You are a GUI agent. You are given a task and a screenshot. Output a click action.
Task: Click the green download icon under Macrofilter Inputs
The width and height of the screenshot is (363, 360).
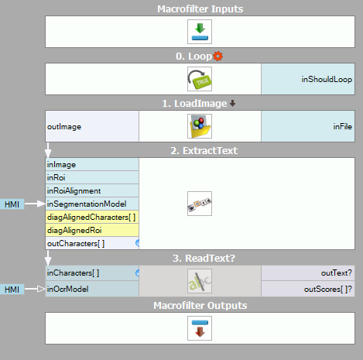click(200, 32)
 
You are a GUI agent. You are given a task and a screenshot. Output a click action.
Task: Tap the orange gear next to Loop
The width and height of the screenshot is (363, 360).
click(218, 56)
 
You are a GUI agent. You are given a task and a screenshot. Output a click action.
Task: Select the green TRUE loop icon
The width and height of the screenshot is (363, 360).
click(200, 79)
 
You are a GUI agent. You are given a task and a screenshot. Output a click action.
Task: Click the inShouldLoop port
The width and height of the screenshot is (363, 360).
click(308, 79)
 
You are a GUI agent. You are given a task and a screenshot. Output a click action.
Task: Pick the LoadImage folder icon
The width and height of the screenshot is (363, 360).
click(200, 126)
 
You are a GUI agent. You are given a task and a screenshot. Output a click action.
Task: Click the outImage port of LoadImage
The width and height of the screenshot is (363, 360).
click(92, 126)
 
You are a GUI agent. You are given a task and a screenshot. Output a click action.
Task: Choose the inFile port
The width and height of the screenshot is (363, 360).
click(308, 126)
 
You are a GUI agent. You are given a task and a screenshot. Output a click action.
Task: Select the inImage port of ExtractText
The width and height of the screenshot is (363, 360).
click(92, 164)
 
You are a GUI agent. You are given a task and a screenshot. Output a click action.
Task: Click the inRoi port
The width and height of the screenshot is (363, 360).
click(92, 177)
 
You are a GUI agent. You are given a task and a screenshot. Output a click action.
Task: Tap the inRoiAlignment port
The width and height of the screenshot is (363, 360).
click(92, 190)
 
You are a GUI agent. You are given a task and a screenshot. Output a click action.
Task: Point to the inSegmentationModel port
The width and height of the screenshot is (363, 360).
click(92, 204)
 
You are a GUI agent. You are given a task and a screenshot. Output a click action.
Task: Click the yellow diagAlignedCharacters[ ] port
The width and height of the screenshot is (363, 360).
click(92, 217)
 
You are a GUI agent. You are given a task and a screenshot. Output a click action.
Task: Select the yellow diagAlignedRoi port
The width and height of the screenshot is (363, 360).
click(92, 230)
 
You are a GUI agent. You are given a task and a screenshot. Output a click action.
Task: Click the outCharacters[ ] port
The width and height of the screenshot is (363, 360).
click(92, 243)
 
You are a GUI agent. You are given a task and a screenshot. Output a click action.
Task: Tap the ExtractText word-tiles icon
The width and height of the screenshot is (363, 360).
click(200, 204)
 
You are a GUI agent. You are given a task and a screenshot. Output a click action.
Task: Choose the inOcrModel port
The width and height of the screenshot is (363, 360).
click(92, 289)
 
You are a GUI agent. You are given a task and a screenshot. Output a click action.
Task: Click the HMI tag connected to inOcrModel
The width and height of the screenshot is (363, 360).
click(12, 290)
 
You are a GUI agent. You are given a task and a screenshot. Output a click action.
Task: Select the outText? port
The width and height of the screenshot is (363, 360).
click(308, 273)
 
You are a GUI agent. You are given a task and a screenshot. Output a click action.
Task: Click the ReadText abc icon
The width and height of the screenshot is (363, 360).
click(200, 281)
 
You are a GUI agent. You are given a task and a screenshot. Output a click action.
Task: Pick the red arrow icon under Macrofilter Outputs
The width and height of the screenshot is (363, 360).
click(200, 328)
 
